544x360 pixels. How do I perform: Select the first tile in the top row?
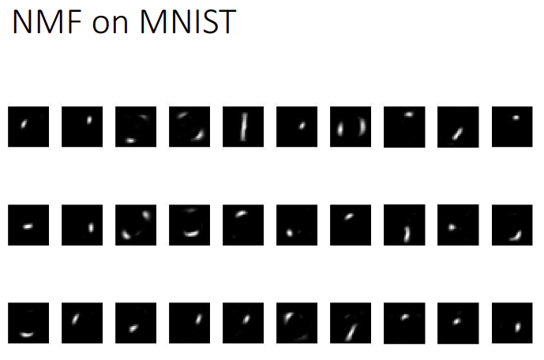28,126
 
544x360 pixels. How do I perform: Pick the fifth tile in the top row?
243,126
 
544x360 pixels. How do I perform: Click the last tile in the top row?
512,126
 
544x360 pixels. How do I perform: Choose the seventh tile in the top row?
351,126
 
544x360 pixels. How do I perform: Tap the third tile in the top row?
136,126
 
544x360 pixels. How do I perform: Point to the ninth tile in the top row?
458,126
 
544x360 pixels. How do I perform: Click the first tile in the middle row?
28,225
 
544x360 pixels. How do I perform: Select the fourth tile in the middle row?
189,225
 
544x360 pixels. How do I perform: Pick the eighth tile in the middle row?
404,225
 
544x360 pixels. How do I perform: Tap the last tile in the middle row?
512,225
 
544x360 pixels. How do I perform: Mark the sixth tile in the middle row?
297,225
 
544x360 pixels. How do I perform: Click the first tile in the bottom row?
28,323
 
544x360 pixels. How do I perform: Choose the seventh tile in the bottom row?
351,323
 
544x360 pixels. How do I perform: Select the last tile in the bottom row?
512,323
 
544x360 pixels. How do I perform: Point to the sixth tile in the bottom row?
297,323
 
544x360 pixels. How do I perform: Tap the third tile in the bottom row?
136,323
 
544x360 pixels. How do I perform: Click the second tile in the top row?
82,126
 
